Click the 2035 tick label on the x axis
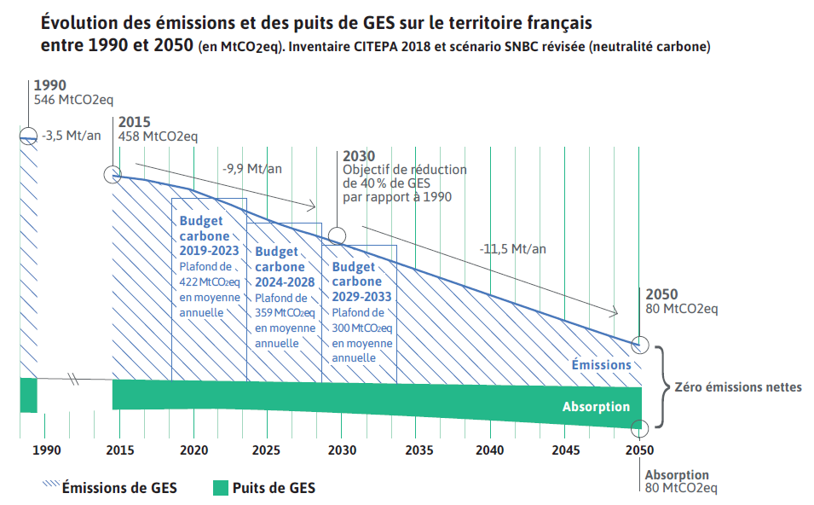click(416, 450)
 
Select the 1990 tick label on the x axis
click(46, 450)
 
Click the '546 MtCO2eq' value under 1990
click(73, 101)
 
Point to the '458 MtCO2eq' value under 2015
click(158, 136)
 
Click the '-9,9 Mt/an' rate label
click(251, 169)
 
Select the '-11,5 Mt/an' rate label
click(512, 249)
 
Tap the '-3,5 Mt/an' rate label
click(72, 136)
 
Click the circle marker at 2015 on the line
click(113, 175)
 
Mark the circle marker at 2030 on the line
click(338, 235)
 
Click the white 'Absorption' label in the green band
click(596, 407)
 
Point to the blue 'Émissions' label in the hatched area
click(601, 365)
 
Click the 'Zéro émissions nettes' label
click(738, 387)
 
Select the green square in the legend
click(220, 488)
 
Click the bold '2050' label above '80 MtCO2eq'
click(662, 294)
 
